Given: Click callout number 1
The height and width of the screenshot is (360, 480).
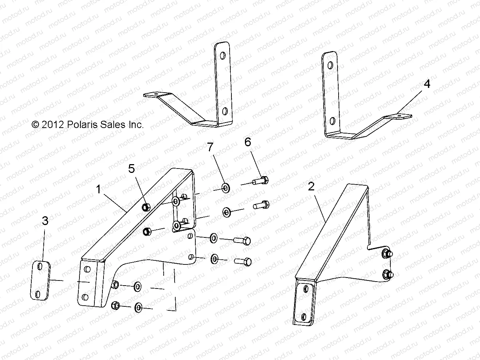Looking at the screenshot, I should click(x=98, y=189).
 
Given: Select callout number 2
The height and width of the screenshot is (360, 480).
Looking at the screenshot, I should click(x=311, y=187).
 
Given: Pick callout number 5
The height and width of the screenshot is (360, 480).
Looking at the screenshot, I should click(x=131, y=169).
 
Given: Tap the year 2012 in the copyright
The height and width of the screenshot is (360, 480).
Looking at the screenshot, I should click(x=52, y=125).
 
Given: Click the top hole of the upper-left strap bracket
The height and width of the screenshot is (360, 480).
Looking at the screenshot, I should click(x=222, y=56).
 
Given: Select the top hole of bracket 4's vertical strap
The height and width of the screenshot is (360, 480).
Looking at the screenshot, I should click(x=331, y=66).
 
